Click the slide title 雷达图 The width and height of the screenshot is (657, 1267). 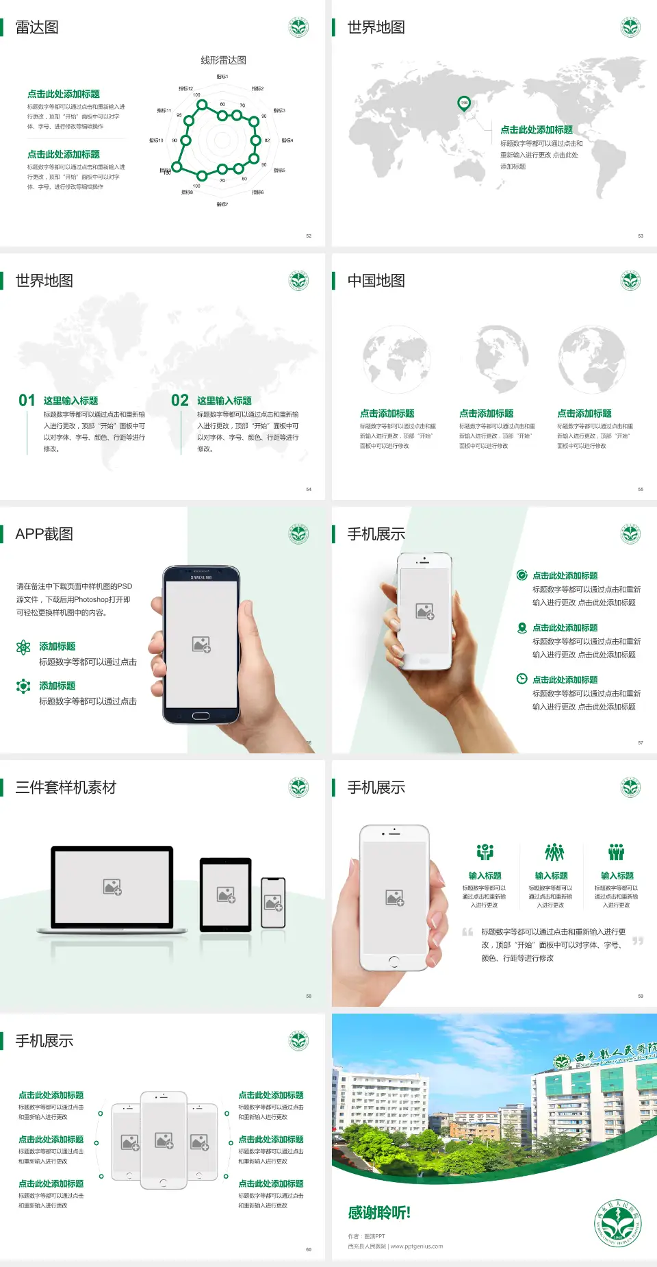[x=37, y=27]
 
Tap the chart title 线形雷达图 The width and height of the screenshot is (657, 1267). [x=223, y=60]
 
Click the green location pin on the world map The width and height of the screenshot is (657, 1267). [x=464, y=103]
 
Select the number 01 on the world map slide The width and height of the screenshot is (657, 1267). [x=27, y=401]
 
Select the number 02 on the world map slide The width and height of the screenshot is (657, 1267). [x=180, y=401]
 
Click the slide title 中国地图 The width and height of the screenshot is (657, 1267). [x=376, y=281]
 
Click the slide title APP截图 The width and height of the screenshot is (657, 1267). [x=44, y=534]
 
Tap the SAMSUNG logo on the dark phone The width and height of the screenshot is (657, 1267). [x=201, y=577]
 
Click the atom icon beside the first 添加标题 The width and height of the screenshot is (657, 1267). [x=23, y=647]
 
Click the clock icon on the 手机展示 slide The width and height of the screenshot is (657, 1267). [x=521, y=679]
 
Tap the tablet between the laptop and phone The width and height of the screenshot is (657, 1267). [x=226, y=894]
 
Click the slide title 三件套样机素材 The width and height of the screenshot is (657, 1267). [x=66, y=788]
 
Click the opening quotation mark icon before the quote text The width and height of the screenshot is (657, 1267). [x=467, y=932]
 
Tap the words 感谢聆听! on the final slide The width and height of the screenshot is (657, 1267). [x=379, y=1213]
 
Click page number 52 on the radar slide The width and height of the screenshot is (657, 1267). [x=309, y=236]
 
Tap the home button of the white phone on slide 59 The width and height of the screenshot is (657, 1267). [x=394, y=962]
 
